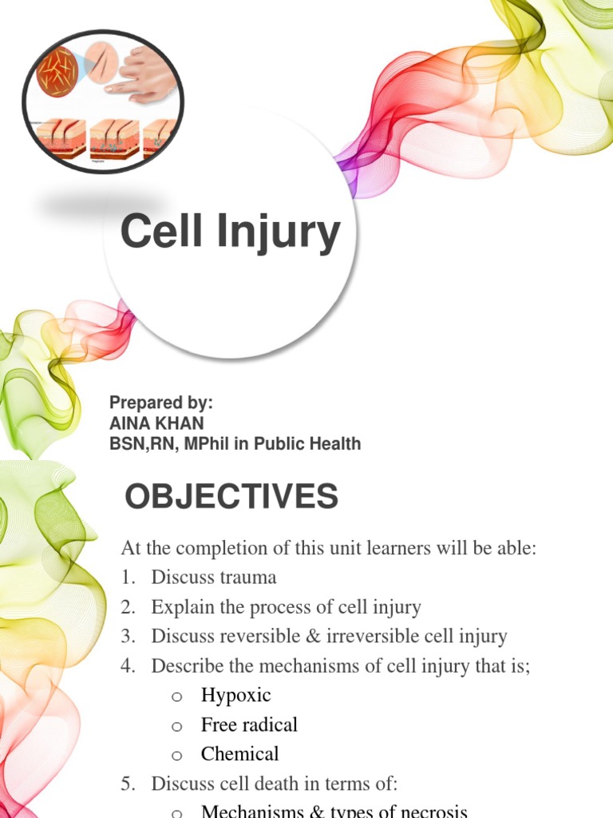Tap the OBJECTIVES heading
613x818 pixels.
click(x=231, y=498)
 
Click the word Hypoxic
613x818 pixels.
click(x=235, y=695)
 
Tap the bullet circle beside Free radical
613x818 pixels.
click(x=177, y=726)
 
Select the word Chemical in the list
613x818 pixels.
click(x=239, y=753)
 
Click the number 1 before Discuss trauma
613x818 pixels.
click(x=127, y=578)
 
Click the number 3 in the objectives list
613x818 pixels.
click(x=127, y=637)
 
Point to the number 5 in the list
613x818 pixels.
click(x=127, y=784)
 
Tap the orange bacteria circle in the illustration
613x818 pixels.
click(x=57, y=71)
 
